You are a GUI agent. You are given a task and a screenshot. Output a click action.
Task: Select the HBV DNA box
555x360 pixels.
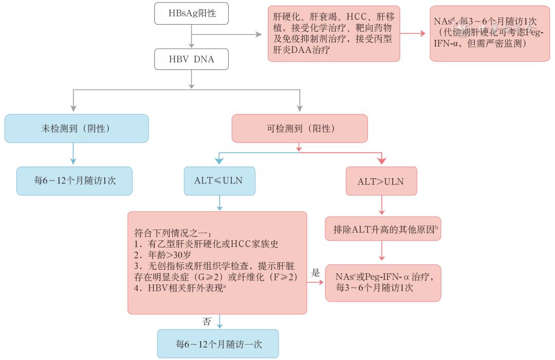[x=191, y=60]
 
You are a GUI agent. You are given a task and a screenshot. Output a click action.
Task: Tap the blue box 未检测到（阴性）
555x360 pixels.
[x=76, y=128]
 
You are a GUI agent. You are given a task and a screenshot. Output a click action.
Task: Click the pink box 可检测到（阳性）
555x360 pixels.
[x=300, y=128]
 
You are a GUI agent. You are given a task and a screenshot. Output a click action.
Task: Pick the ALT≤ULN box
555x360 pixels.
[x=219, y=181]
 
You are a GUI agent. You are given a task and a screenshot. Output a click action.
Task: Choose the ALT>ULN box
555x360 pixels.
[x=381, y=181]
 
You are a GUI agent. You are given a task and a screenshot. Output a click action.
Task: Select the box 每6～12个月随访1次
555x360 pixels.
[x=75, y=181]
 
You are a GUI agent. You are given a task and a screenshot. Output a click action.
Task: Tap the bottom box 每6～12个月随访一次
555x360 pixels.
[x=218, y=344]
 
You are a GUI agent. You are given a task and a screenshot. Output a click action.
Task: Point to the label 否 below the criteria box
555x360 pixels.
[x=207, y=321]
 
